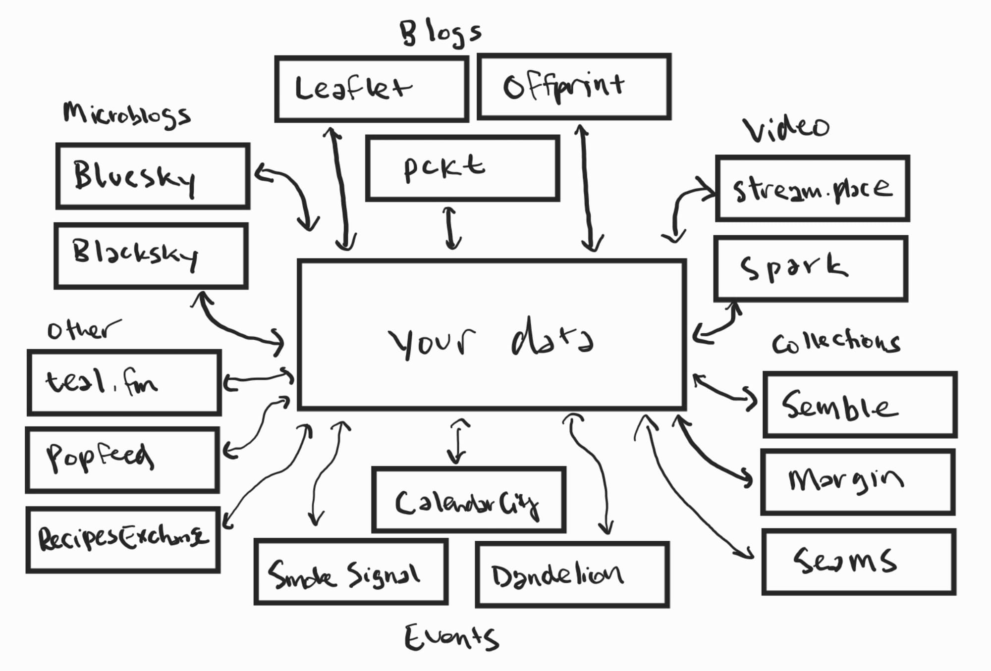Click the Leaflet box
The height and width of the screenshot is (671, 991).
pos(372,89)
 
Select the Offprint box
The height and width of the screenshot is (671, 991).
pos(574,87)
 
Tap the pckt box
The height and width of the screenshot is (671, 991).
pos(462,168)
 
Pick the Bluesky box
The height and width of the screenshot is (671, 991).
pos(153,176)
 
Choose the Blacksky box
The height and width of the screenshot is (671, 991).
pos(151,256)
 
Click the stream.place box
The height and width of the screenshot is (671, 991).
pos(813,188)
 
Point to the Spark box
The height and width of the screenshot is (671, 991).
pos(811,268)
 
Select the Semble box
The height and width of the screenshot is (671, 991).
pos(860,405)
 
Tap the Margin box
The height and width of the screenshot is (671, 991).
pos(858,482)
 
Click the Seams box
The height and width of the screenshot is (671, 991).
pos(859,562)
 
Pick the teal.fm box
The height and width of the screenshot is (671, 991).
pos(124,382)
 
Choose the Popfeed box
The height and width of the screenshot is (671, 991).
pos(122,460)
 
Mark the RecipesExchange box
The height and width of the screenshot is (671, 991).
pos(123,539)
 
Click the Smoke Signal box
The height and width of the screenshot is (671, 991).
pos(351,572)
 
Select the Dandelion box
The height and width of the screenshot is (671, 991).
pos(572,574)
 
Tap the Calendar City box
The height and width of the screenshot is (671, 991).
pos(469,500)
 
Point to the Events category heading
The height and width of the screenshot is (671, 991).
pos(451,637)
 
